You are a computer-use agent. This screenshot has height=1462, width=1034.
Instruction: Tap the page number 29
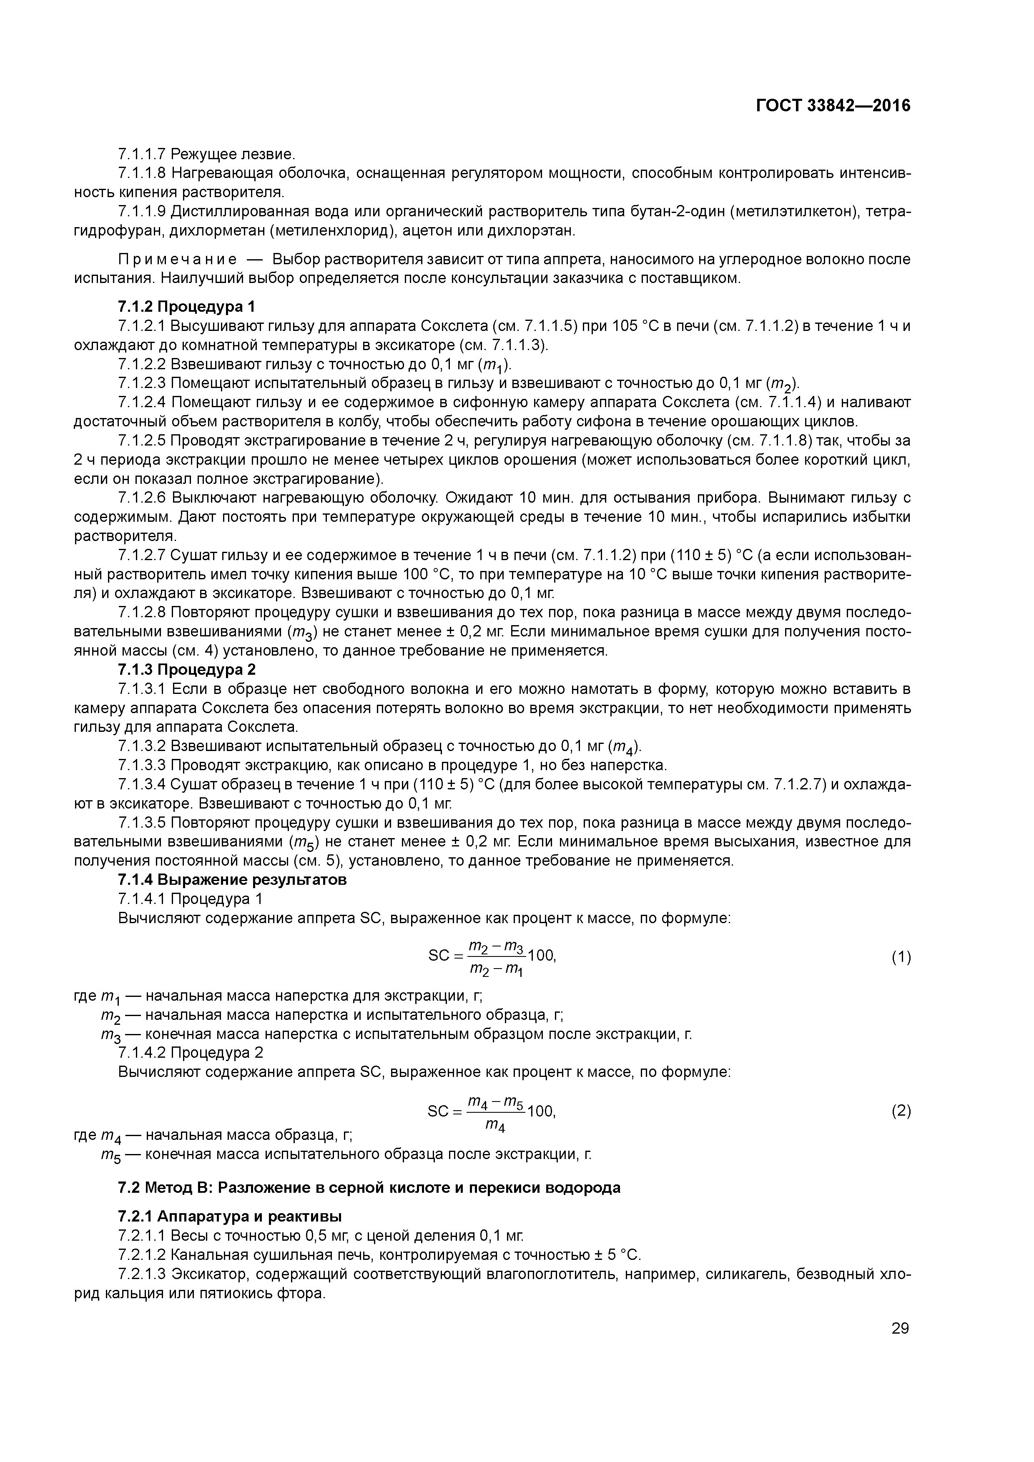[x=900, y=1328]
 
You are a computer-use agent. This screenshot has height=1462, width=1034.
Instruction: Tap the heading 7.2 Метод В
[x=369, y=1187]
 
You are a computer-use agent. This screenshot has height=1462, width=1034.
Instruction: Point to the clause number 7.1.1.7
[x=141, y=154]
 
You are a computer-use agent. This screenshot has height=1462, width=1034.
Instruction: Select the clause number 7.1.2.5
[x=141, y=441]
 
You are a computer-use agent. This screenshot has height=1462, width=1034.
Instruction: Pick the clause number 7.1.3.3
[x=141, y=765]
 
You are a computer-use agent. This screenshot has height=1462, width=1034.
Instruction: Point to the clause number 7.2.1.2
[x=141, y=1255]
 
